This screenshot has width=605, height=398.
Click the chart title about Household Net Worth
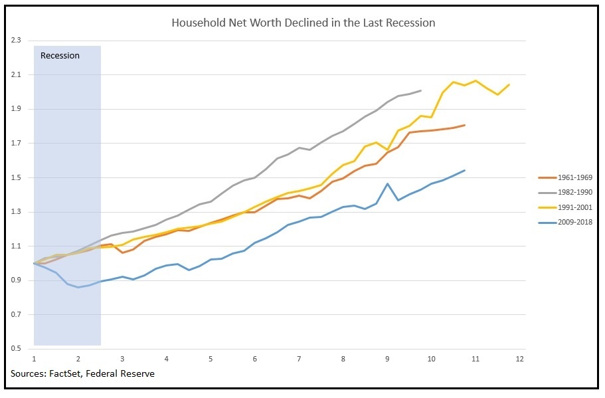coord(303,23)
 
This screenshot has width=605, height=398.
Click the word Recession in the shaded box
coord(60,56)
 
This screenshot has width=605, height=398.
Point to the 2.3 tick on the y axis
coord(16,40)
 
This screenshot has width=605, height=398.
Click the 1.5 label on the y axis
coord(16,178)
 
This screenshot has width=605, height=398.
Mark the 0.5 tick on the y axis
coord(16,348)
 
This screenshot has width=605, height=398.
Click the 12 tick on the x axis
coord(520,359)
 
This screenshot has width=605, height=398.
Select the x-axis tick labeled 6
coord(254,359)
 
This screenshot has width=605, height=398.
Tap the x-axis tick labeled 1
coord(34,359)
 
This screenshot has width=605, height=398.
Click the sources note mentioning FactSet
coord(82,373)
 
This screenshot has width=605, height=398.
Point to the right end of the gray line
coord(421,90)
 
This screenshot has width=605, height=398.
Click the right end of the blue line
coord(465,170)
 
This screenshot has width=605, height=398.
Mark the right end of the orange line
coord(465,125)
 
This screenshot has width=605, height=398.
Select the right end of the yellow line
coord(509,84)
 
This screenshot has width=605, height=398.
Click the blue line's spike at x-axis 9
coord(387,183)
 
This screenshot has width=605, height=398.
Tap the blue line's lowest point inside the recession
coord(78,287)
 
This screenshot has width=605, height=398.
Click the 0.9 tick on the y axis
coord(16,280)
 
